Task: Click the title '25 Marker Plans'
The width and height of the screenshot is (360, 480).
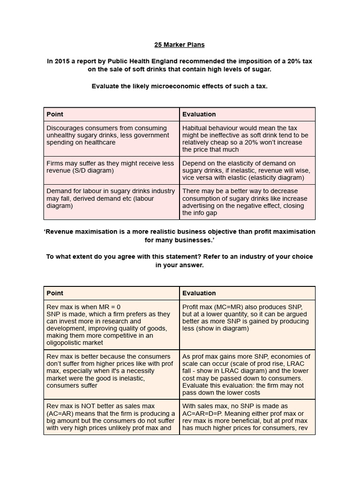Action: tap(180, 45)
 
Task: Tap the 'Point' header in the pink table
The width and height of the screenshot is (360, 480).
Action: tap(55, 114)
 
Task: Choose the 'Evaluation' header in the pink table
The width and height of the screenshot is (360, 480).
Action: tap(199, 114)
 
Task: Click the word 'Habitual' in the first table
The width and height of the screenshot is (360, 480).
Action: tap(196, 128)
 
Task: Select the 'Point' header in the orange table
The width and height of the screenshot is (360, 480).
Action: tap(55, 293)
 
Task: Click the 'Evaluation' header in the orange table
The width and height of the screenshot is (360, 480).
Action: tap(199, 293)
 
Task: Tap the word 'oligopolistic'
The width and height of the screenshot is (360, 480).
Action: tap(65, 343)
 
